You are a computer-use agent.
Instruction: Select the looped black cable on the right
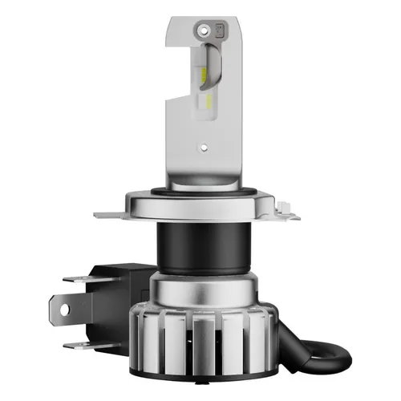(317, 353)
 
